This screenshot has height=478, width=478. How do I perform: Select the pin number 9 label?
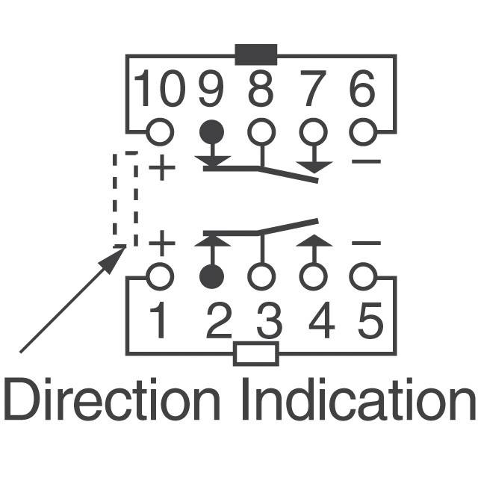pyautogui.click(x=211, y=88)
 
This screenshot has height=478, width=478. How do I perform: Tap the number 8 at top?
pyautogui.click(x=261, y=88)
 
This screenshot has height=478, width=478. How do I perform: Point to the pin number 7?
pyautogui.click(x=314, y=88)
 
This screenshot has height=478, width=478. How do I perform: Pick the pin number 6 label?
pyautogui.click(x=361, y=88)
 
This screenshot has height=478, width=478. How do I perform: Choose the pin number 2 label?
pyautogui.click(x=219, y=320)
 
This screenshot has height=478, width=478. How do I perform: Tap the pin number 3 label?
pyautogui.click(x=270, y=321)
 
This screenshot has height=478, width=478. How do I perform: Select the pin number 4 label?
pyautogui.click(x=322, y=320)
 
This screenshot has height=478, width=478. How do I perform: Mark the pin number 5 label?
pyautogui.click(x=370, y=321)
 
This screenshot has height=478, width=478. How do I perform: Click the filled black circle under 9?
pyautogui.click(x=212, y=132)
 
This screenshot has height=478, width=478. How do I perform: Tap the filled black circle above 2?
pyautogui.click(x=212, y=277)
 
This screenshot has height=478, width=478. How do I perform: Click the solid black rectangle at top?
pyautogui.click(x=256, y=55)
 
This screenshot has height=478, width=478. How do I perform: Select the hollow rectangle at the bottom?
pyautogui.click(x=256, y=353)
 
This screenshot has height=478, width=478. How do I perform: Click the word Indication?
pyautogui.click(x=358, y=399)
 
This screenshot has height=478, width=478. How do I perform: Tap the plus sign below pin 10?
pyautogui.click(x=162, y=167)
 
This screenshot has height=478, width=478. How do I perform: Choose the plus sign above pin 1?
pyautogui.click(x=162, y=243)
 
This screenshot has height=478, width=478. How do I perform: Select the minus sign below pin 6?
pyautogui.click(x=366, y=161)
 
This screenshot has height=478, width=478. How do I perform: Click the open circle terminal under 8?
pyautogui.click(x=261, y=132)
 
